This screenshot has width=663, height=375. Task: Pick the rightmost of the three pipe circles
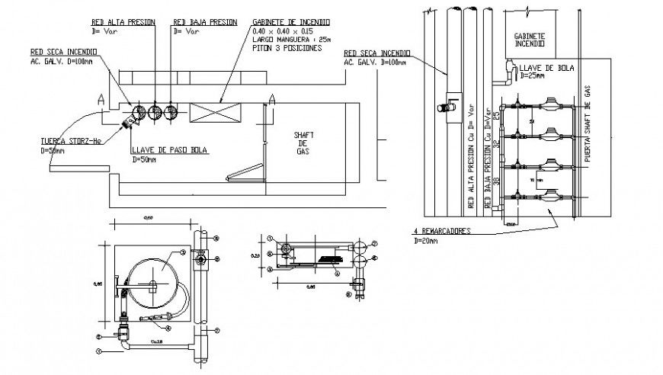tap(171, 113)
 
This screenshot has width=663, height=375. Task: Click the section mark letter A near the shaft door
tap(271, 98)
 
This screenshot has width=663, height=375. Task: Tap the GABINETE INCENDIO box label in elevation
tap(530, 40)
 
